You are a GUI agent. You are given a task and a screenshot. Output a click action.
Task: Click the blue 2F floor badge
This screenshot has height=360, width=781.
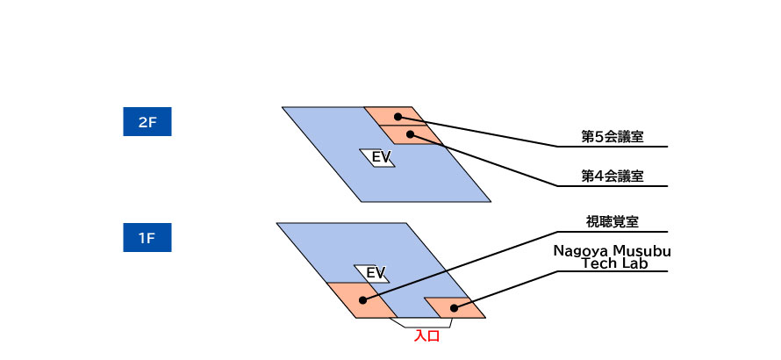click(147, 122)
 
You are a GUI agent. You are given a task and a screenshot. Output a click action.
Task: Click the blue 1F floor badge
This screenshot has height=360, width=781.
click(147, 238)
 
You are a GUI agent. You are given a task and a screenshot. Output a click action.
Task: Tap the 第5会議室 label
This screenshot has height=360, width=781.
click(613, 137)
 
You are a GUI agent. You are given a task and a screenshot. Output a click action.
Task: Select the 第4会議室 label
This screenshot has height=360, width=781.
click(613, 176)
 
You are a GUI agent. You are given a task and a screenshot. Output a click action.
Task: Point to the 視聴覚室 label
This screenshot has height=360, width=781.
click(613, 222)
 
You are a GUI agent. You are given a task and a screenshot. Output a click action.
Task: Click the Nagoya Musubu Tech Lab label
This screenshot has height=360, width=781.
click(613, 257)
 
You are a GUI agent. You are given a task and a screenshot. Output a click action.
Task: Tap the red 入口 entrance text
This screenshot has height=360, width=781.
click(426, 336)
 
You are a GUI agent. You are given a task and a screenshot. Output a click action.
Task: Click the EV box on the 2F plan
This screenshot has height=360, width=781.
click(377, 157)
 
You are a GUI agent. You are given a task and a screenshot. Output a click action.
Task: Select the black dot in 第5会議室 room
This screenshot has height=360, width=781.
click(398, 117)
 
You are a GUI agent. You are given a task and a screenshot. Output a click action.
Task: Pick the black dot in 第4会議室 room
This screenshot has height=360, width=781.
click(410, 134)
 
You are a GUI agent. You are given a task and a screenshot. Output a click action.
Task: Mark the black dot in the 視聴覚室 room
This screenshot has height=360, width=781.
click(363, 300)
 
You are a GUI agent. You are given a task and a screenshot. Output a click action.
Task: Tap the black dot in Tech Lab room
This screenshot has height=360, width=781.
click(454, 308)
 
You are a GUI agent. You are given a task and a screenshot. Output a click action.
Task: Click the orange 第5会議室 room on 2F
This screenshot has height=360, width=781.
click(396, 116)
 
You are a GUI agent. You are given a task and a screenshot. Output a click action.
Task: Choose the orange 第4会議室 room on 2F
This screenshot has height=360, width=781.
click(412, 134)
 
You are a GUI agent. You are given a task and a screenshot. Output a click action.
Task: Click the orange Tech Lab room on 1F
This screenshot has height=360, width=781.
click(455, 307)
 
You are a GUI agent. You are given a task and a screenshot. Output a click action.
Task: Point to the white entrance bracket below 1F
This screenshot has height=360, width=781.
click(421, 323)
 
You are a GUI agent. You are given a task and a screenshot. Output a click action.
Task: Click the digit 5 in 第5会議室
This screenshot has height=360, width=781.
click(598, 138)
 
